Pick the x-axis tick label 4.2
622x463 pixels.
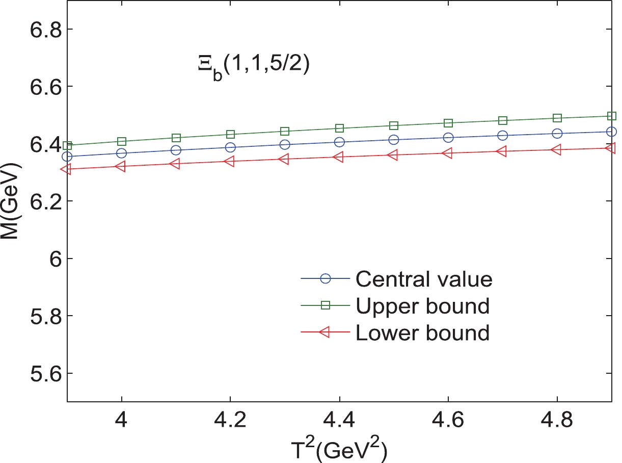230,422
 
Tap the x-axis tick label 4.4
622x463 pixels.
339,422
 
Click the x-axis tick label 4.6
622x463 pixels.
448,422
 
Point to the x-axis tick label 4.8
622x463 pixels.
557,422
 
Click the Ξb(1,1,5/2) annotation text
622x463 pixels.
253,68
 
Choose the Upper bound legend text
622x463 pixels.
423,305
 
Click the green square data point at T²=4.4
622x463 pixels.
339,128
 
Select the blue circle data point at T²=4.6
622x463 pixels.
448,138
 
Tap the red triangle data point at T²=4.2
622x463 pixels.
230,162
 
